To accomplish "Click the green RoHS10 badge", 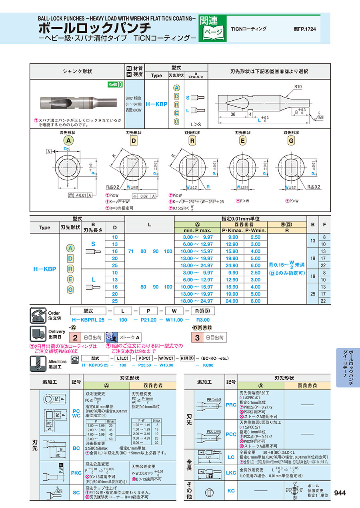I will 115,84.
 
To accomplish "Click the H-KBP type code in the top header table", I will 156,104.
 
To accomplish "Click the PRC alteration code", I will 231,405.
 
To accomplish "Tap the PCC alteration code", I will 231,434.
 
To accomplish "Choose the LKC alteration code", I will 231,473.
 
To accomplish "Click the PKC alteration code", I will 76,473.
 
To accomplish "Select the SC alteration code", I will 76,492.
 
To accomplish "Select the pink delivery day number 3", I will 197,337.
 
